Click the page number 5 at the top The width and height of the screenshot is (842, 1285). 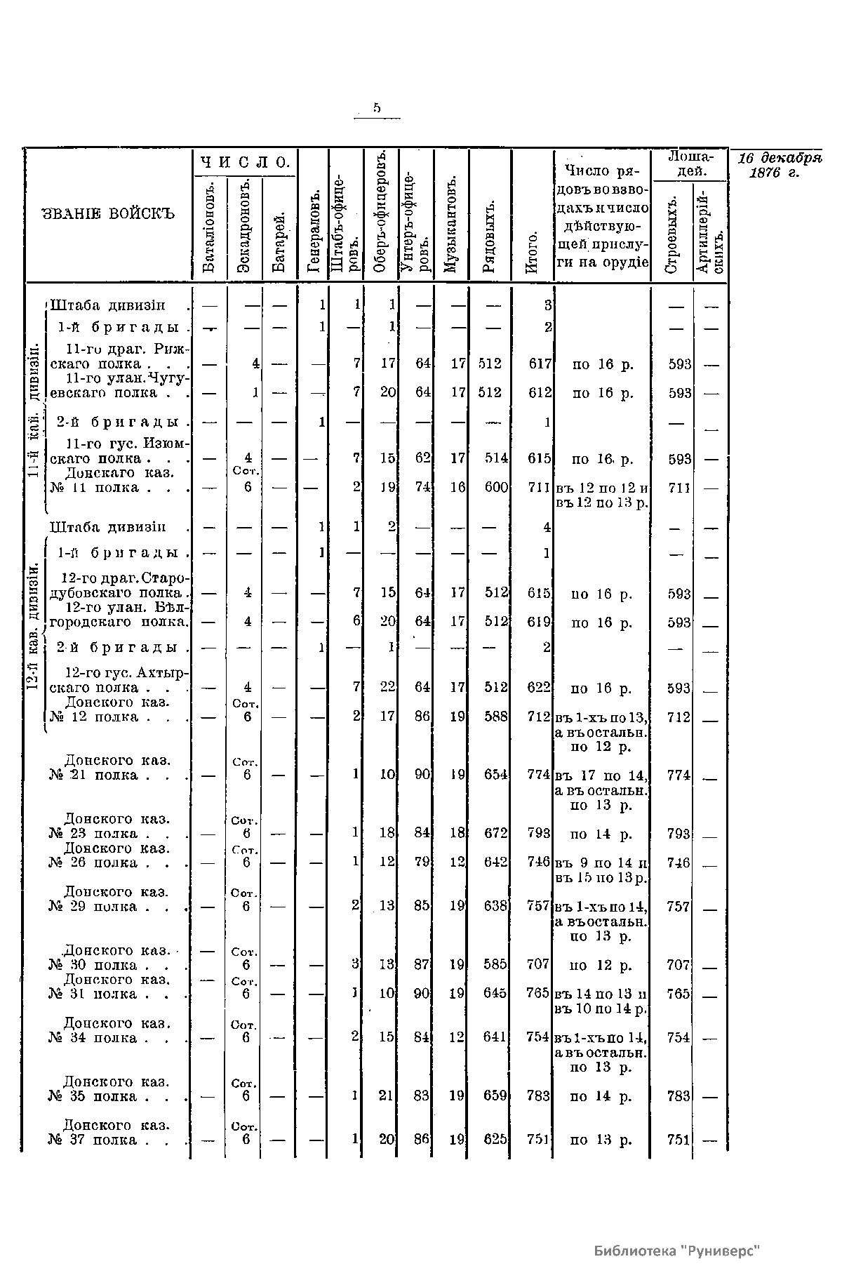click(x=377, y=107)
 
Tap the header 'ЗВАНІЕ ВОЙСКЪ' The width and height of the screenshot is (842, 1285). click(x=108, y=213)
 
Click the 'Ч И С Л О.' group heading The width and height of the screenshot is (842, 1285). click(x=246, y=162)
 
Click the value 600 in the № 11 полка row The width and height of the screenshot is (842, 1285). click(x=496, y=487)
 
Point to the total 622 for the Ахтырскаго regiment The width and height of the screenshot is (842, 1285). click(x=540, y=688)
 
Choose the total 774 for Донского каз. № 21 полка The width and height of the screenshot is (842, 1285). click(x=540, y=775)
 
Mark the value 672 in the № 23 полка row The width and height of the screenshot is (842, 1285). click(x=495, y=834)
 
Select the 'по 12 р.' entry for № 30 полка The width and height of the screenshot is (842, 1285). click(x=601, y=965)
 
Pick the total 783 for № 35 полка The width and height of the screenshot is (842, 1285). click(x=538, y=1096)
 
